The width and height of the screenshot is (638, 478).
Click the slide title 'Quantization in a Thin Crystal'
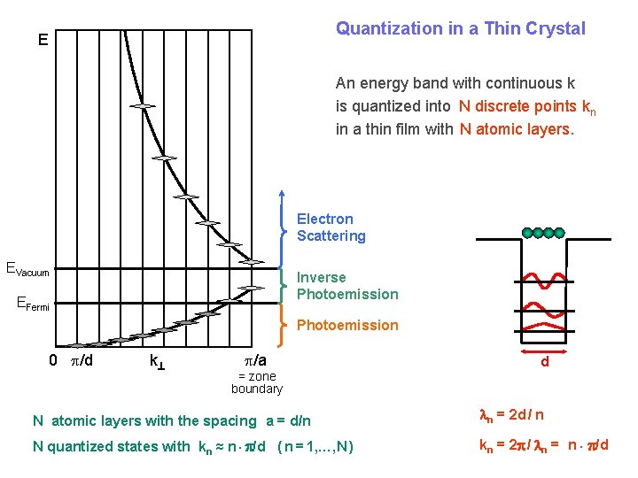point(460,28)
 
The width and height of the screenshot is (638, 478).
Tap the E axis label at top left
point(43,40)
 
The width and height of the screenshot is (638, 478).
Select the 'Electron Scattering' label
point(331,227)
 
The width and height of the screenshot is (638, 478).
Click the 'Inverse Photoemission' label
point(347,286)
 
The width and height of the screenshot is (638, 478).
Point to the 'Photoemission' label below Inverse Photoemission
point(347,325)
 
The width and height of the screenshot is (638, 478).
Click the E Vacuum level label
point(27,269)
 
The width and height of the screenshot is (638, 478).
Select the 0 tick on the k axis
point(53,361)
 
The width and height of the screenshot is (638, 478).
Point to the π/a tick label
point(255,361)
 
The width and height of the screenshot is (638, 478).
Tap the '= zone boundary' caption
point(256,382)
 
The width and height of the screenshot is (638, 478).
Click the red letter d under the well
point(544,361)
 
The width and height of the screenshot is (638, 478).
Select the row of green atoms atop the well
point(543,233)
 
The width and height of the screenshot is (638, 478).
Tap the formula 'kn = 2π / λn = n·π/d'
point(543,444)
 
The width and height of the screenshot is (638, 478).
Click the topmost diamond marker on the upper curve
point(141,106)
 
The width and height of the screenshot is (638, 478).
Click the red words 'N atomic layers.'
point(517,129)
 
